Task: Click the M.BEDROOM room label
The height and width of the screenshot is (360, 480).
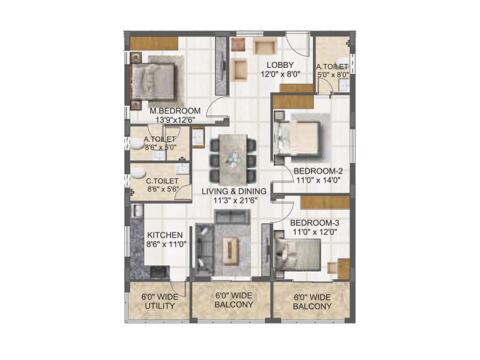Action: coord(175,111)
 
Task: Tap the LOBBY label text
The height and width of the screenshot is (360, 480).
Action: coord(281,65)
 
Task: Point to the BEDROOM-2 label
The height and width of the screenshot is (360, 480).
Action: coord(317,170)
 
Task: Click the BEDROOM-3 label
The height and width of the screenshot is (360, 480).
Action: coord(313,220)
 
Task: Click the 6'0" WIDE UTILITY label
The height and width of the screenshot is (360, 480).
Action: coord(158,301)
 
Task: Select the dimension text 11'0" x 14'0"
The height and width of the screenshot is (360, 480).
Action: coord(317,179)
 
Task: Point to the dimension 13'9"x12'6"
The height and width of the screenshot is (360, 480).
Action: coord(174,121)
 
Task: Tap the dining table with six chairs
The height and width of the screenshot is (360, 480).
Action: coord(233,158)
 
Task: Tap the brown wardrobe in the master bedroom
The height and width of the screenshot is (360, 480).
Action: coord(154,43)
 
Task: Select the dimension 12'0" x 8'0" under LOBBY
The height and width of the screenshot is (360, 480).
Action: coord(280,74)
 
